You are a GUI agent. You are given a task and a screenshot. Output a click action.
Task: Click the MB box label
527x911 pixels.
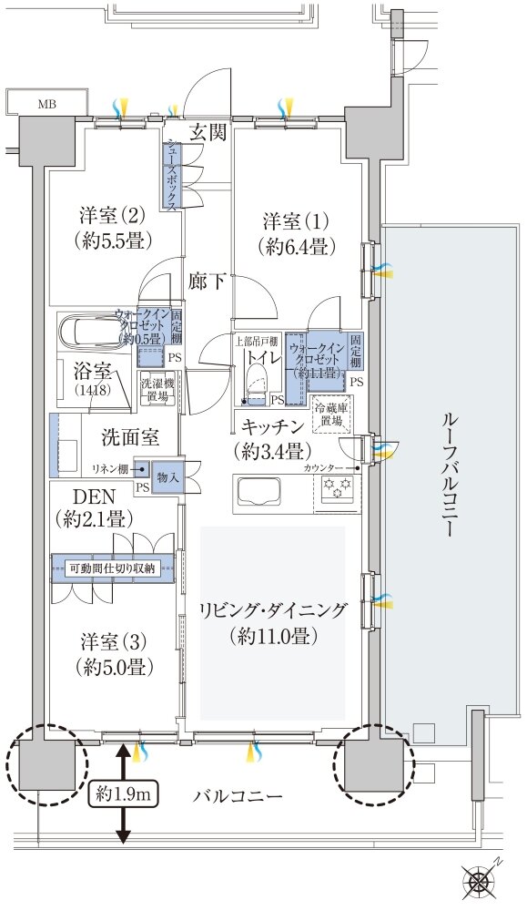click(46, 102)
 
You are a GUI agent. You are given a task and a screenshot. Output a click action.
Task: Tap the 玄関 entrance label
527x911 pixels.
click(208, 133)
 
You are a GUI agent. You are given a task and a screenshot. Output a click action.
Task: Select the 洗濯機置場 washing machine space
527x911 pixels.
click(155, 391)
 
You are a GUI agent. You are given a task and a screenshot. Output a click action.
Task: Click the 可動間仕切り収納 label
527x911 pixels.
click(114, 569)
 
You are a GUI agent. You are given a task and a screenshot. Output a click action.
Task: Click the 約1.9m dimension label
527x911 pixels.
click(124, 794)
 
